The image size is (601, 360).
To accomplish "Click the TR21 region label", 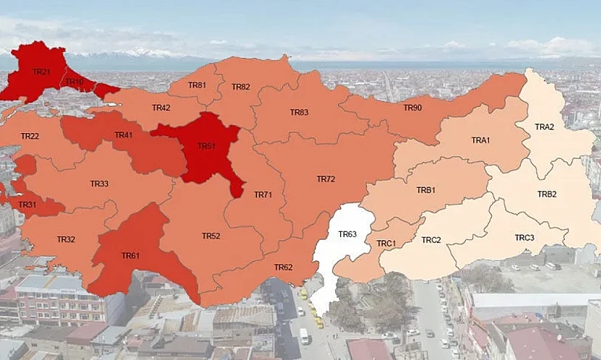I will point(41,72).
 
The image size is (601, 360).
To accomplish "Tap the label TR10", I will point(75,81).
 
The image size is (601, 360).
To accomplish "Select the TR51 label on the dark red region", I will point(207,146).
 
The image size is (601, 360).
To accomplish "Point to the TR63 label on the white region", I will point(347,234).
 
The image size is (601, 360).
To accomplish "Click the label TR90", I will point(412,108).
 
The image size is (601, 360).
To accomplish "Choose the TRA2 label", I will point(545,127).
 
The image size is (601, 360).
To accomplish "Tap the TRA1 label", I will point(480,140).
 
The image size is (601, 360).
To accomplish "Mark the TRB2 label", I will point(547,194).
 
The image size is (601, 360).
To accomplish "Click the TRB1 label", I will point(425,190).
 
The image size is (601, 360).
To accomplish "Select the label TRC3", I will point(524,237).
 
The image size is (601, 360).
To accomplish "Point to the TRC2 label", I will point(431,239).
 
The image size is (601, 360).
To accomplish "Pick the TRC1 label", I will point(386,244).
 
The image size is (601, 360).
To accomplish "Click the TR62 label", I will point(283,267).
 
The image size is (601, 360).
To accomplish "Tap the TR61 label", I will point(131,255).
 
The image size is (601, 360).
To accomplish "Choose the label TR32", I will point(66,239).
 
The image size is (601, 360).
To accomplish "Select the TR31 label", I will point(27,205).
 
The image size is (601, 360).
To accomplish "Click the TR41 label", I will point(124,135).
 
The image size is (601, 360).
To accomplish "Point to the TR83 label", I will point(299,112).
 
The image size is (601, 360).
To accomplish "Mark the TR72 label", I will point(326,179).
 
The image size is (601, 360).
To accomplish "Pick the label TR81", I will point(197,85).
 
